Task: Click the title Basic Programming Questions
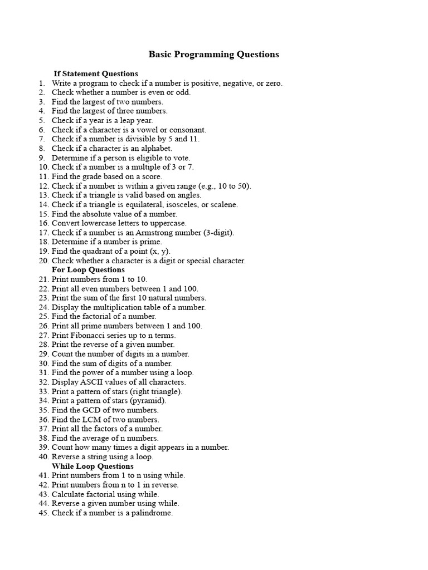tap(213, 55)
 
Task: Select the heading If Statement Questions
tap(95, 73)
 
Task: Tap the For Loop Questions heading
tap(88, 270)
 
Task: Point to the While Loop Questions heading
tap(93, 466)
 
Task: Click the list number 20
tap(43, 261)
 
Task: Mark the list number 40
tap(43, 457)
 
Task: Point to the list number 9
tap(42, 158)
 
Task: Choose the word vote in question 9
tap(181, 158)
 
